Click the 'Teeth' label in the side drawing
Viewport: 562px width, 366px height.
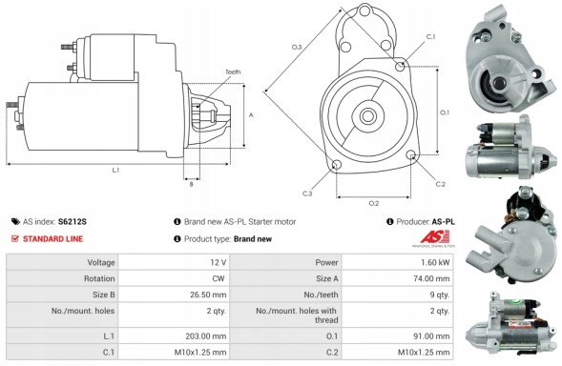click(x=233, y=72)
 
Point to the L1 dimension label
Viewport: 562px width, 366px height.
click(x=115, y=170)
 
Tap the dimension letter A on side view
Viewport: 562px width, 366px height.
click(x=250, y=114)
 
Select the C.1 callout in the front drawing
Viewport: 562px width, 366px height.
click(x=429, y=36)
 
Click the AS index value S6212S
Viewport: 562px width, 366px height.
click(x=72, y=221)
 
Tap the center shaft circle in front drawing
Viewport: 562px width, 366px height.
click(x=367, y=115)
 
